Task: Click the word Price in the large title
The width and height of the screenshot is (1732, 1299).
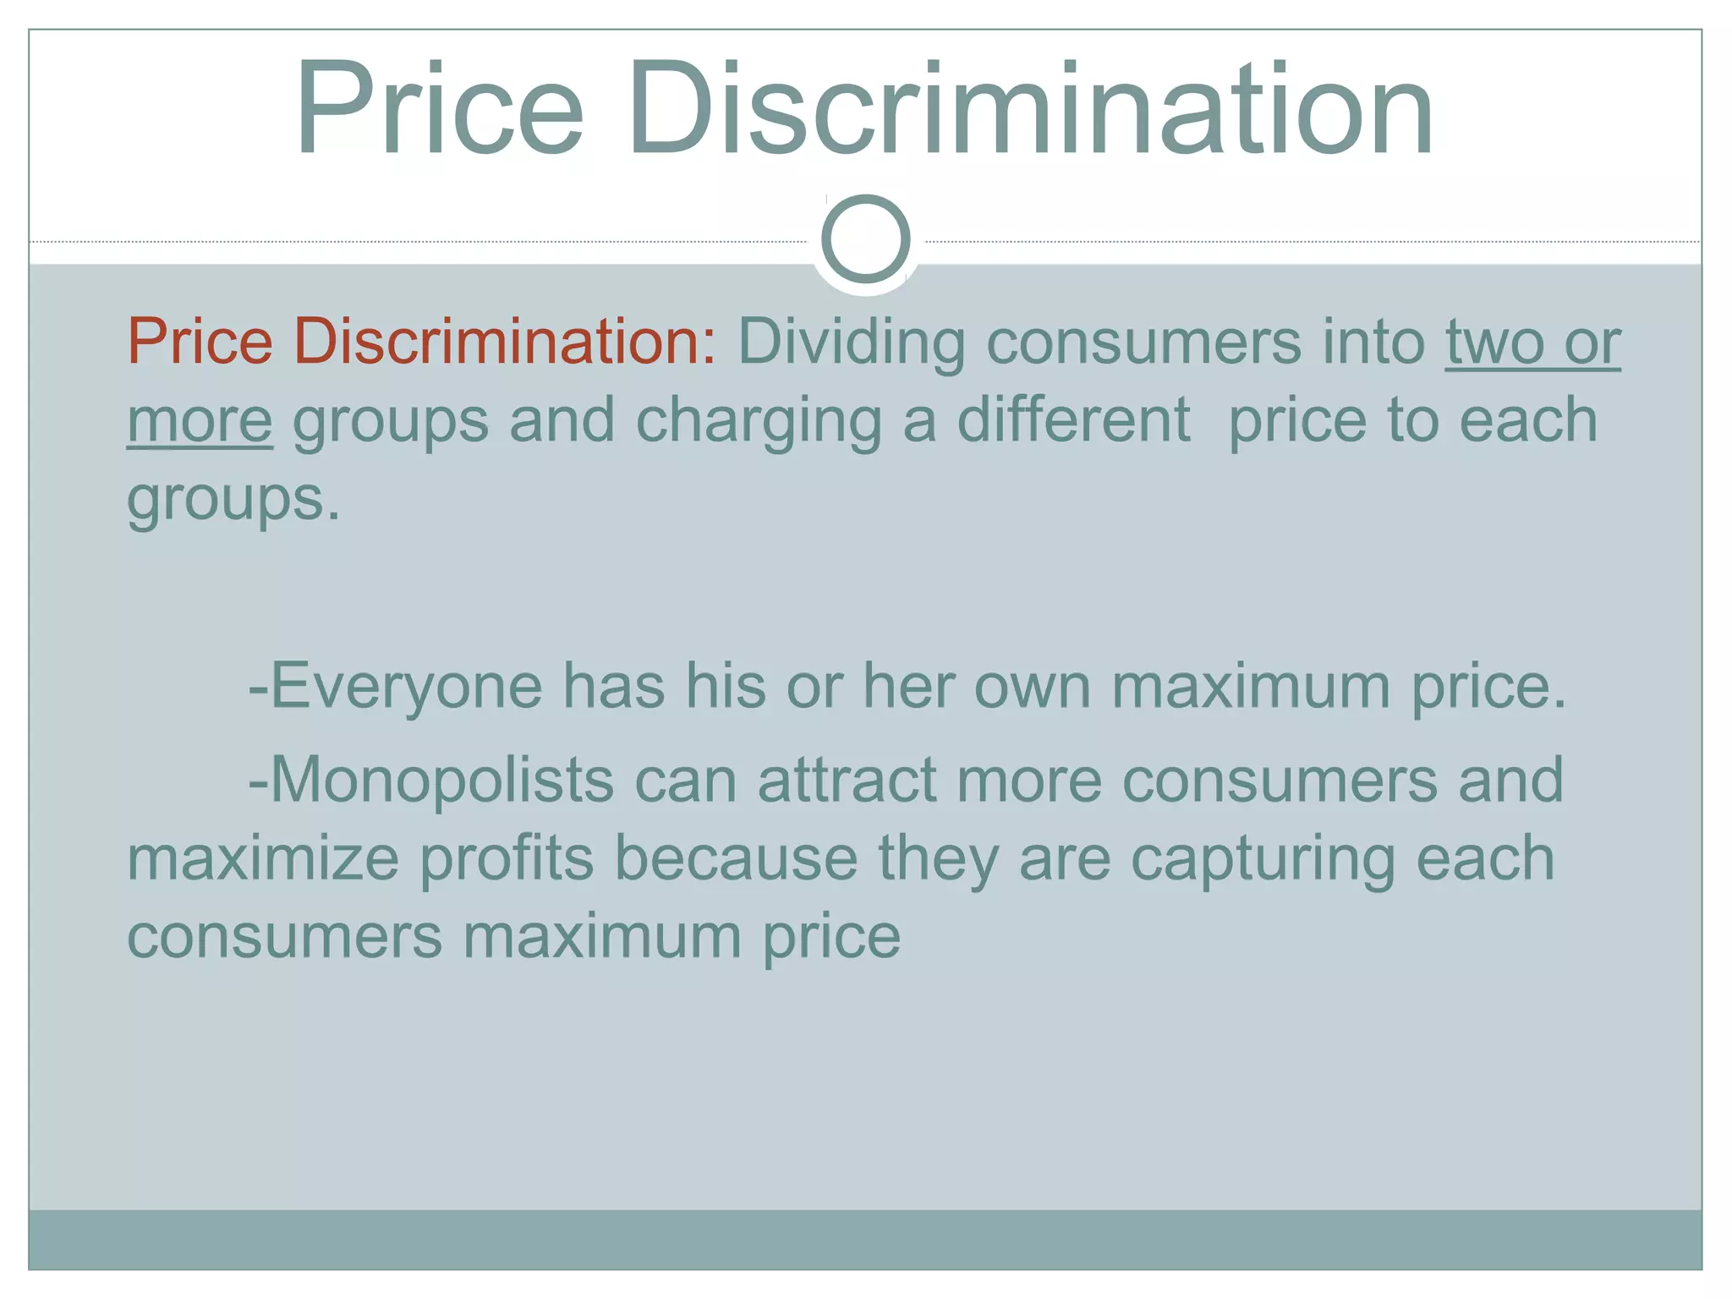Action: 439,110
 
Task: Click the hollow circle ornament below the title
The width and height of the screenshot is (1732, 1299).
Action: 865,238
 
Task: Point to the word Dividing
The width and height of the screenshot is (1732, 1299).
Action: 851,343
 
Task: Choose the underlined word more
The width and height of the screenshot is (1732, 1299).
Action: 200,420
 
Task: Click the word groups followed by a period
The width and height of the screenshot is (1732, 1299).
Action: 233,500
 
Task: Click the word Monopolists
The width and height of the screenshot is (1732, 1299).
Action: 432,781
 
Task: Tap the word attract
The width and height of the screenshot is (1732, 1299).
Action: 847,779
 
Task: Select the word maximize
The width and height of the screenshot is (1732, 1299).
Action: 263,858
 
